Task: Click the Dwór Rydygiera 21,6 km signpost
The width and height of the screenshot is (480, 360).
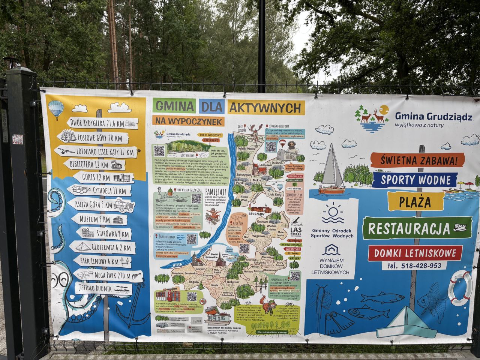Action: coord(102,123)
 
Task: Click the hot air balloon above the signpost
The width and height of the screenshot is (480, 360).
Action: coord(55,109)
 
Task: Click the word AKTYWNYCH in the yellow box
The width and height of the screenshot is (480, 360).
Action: coord(265,108)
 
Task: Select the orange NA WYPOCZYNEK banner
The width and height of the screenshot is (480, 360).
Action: coord(188,121)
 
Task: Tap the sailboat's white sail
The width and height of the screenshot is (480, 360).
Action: coord(331,167)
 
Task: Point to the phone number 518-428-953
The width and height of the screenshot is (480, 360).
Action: coord(420,265)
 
